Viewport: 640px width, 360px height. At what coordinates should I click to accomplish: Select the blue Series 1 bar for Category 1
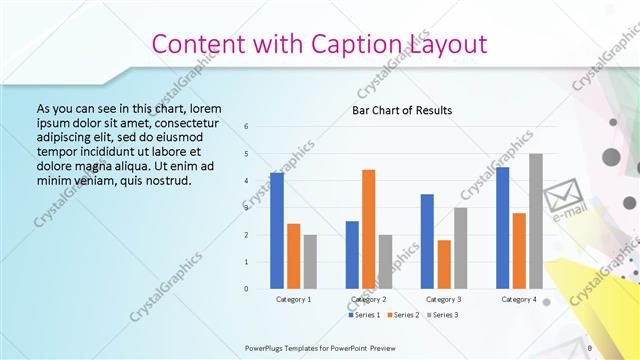(277, 230)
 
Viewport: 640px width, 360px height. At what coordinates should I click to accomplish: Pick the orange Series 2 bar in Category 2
(369, 229)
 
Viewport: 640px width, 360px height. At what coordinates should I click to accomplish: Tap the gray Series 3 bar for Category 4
(536, 221)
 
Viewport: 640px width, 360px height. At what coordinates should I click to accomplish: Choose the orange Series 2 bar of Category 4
(519, 250)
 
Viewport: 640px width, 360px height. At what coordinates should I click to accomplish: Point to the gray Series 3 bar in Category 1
(310, 261)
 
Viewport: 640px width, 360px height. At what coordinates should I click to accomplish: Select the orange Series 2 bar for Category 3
(444, 264)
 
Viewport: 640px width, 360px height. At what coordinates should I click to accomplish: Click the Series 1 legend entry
(366, 315)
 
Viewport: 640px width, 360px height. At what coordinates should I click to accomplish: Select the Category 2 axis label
(369, 299)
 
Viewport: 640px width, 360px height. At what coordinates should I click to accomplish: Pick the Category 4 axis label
(519, 299)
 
